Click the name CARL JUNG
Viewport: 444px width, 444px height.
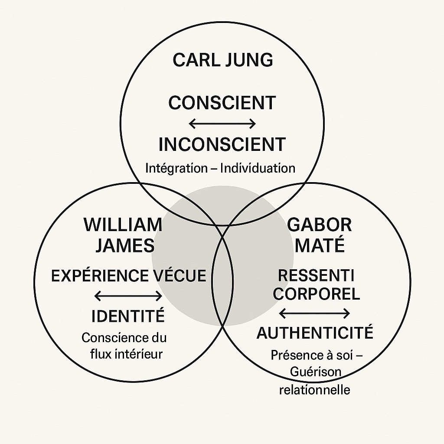click(x=222, y=60)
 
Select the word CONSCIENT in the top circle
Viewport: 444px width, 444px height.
click(x=222, y=103)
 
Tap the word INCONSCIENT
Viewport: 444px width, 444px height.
click(x=222, y=144)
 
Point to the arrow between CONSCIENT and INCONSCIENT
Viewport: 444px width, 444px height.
click(x=222, y=124)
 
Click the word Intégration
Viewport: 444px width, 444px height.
click(x=176, y=168)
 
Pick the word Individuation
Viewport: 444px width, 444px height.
click(x=258, y=168)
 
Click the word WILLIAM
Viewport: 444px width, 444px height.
click(x=123, y=225)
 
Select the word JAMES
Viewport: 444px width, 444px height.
click(x=125, y=245)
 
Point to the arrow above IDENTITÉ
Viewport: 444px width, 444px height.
click(x=128, y=296)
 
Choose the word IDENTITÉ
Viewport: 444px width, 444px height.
click(x=128, y=316)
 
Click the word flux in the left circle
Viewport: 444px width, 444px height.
click(x=100, y=354)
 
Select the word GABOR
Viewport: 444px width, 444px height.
click(x=320, y=225)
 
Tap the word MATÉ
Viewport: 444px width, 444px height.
click(x=320, y=245)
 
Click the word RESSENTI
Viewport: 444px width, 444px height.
click(x=316, y=275)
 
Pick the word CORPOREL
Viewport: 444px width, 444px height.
click(x=317, y=294)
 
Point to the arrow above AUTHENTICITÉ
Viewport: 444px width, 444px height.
click(x=314, y=313)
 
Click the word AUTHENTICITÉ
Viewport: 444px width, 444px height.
click(x=315, y=333)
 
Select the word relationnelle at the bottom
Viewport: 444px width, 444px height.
click(x=314, y=389)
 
